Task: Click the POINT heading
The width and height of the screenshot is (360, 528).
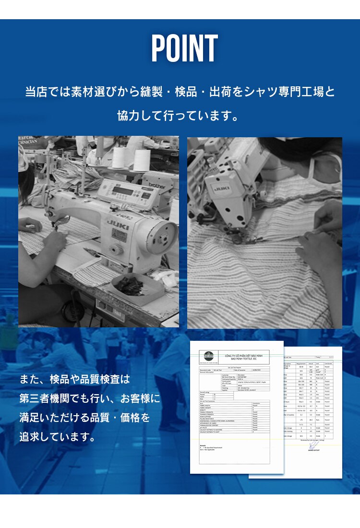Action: (184, 49)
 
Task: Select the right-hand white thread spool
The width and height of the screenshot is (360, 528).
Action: (142, 160)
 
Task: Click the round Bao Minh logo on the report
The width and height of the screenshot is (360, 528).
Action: (208, 356)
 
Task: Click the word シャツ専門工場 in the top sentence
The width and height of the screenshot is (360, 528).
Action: (285, 91)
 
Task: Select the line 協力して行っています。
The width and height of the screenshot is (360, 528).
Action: (179, 116)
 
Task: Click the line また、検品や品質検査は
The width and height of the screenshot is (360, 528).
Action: (75, 379)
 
